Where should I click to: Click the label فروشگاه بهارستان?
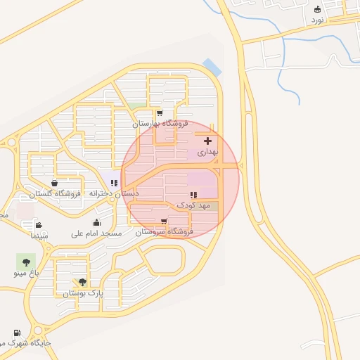point(161,124)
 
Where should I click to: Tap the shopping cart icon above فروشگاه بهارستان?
point(160,112)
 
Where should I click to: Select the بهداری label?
point(208,152)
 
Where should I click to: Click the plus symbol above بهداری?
point(207,141)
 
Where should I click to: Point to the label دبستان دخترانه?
point(112,193)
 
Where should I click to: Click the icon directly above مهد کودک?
point(192,195)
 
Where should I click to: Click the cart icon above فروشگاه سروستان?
point(164,220)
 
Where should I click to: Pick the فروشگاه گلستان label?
point(56,193)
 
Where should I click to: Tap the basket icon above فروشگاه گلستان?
point(54,183)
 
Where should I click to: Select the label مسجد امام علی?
point(96,233)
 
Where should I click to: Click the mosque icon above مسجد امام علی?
point(96,222)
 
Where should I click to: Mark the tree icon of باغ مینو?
point(26,259)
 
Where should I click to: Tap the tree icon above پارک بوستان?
point(83,282)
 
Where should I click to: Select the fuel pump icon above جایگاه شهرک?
point(15,333)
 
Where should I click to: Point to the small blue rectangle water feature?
point(212,67)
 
